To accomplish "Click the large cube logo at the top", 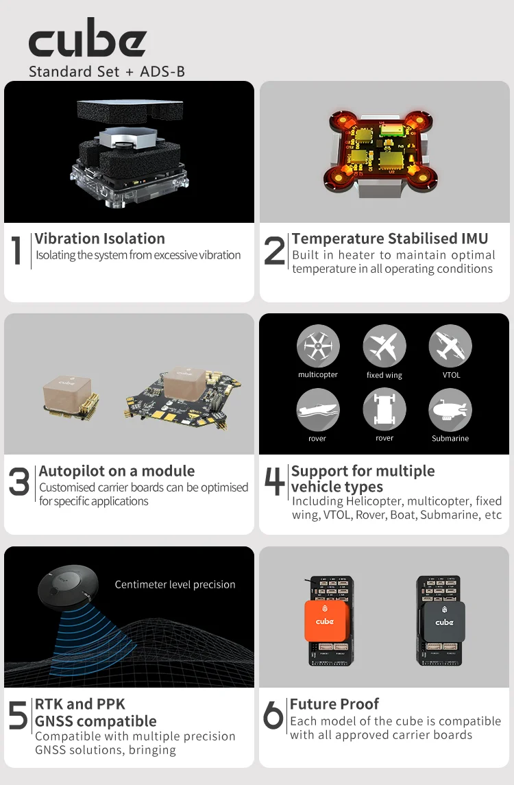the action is pyautogui.click(x=88, y=38).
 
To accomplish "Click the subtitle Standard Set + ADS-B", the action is pyautogui.click(x=107, y=71).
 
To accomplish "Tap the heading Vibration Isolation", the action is pyautogui.click(x=99, y=239).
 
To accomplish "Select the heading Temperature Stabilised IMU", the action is pyautogui.click(x=390, y=239).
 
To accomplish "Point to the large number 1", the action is pyautogui.click(x=17, y=250).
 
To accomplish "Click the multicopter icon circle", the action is pyautogui.click(x=318, y=346).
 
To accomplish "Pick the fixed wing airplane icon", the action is pyautogui.click(x=384, y=346).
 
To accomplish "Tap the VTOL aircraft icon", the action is pyautogui.click(x=450, y=346).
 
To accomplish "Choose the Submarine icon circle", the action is pyautogui.click(x=450, y=409).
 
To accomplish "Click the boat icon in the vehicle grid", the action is pyautogui.click(x=318, y=409).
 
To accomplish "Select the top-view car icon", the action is pyautogui.click(x=384, y=409).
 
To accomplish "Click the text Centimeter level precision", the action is pyautogui.click(x=175, y=584).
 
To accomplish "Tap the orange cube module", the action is pyautogui.click(x=325, y=621).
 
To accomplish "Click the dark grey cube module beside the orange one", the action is pyautogui.click(x=444, y=622).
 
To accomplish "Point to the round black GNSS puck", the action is pyautogui.click(x=66, y=590).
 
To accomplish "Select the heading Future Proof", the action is pyautogui.click(x=334, y=704).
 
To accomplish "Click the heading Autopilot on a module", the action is pyautogui.click(x=117, y=471).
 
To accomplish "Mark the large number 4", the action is pyautogui.click(x=275, y=481).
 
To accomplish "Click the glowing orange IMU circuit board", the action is pyautogui.click(x=381, y=152).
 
